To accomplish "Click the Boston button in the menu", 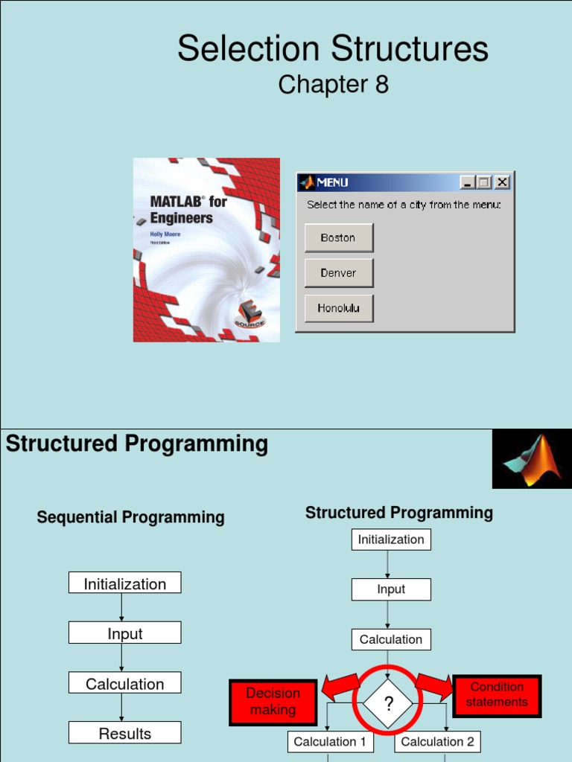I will [338, 238].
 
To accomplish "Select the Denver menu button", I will [338, 273].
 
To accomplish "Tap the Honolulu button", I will [338, 308].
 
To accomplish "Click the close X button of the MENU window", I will [502, 182].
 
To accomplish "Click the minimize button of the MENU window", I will [467, 182].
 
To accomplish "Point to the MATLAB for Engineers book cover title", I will [188, 209].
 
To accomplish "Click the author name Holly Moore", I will [165, 234].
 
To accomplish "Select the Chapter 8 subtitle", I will [333, 85].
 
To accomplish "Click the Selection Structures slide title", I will [333, 49].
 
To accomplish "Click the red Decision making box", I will [273, 702].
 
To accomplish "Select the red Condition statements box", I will [497, 695].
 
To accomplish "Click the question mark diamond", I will [387, 703].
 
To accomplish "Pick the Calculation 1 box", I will [330, 741].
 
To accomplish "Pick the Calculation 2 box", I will [437, 741].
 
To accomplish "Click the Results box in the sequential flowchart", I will [125, 733].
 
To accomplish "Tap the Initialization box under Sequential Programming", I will [125, 583].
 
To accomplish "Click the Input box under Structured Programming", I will [391, 589].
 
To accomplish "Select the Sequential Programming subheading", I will [130, 517].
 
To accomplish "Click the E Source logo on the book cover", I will [250, 316].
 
